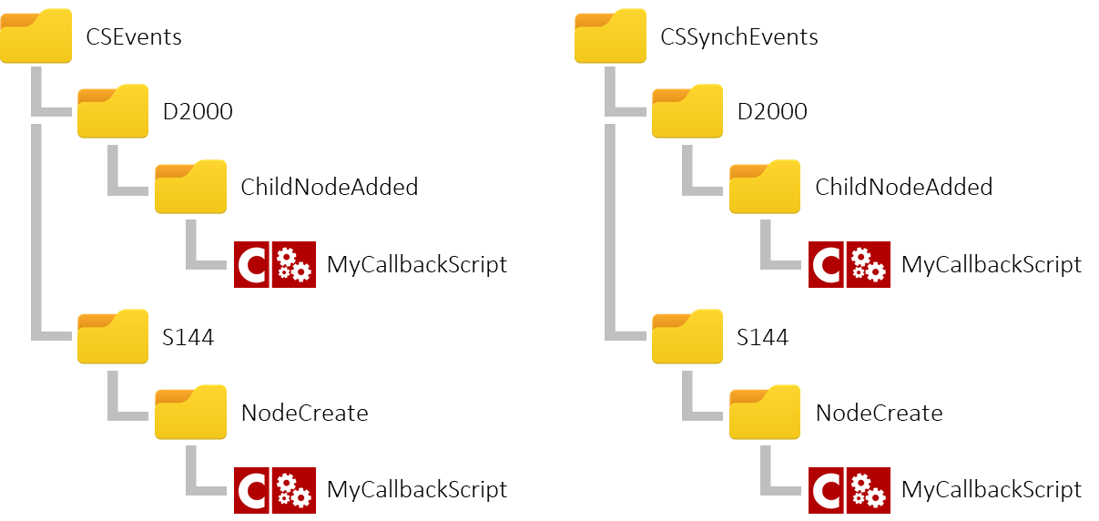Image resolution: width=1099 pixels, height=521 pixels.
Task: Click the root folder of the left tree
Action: (36, 36)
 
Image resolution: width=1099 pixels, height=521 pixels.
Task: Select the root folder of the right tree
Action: (610, 36)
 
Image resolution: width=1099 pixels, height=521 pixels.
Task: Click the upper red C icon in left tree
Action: (251, 264)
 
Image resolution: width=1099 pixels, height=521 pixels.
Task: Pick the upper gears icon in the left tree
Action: (293, 264)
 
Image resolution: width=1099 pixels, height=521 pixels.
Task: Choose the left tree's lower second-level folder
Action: (113, 337)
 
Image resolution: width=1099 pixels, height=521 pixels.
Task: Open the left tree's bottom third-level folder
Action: (190, 413)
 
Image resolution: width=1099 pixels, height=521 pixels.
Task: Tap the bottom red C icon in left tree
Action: (251, 490)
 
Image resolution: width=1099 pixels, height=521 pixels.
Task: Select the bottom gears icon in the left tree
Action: (293, 490)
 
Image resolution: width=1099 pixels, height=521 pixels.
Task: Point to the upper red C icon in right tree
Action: (826, 264)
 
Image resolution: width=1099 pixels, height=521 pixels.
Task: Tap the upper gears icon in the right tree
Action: (868, 264)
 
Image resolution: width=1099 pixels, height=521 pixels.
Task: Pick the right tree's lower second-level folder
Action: (687, 337)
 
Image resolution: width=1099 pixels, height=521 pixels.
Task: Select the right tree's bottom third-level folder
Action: (765, 413)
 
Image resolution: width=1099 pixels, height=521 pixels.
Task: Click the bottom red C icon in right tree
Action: (826, 490)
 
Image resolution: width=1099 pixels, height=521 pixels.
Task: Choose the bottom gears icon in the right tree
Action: (868, 490)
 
